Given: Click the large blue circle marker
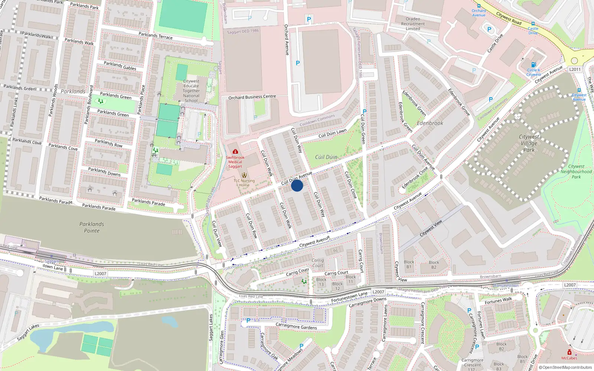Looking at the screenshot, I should click(x=297, y=185).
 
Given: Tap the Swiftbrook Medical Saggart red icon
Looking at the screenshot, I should click(x=235, y=151).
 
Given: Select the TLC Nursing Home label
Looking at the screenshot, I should click(x=244, y=183).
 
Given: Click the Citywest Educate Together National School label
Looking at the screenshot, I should click(x=191, y=91).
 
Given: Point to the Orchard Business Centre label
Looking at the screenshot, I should click(x=252, y=97).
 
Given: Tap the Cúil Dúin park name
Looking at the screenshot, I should click(x=326, y=157).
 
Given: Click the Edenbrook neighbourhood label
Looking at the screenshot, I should click(x=430, y=123).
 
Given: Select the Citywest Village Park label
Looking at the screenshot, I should click(x=529, y=143).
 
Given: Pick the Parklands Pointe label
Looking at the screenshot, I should click(x=92, y=227).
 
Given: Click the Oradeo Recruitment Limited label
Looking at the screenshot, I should click(x=413, y=24).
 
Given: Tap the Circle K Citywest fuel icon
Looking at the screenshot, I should click(x=533, y=65).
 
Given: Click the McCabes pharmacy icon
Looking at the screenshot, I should click(x=569, y=352).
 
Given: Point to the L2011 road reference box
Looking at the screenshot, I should click(x=575, y=69).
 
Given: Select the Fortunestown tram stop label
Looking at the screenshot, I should click(x=507, y=286).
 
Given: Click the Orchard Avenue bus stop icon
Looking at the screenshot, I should click(x=479, y=6).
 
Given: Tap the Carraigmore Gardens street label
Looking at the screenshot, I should click(x=296, y=326).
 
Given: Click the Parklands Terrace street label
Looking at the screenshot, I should click(x=156, y=36).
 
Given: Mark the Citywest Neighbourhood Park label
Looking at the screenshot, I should click(x=576, y=172).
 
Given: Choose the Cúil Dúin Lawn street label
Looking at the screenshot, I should click(x=332, y=133).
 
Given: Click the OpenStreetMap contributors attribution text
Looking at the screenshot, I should click(x=565, y=368).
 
